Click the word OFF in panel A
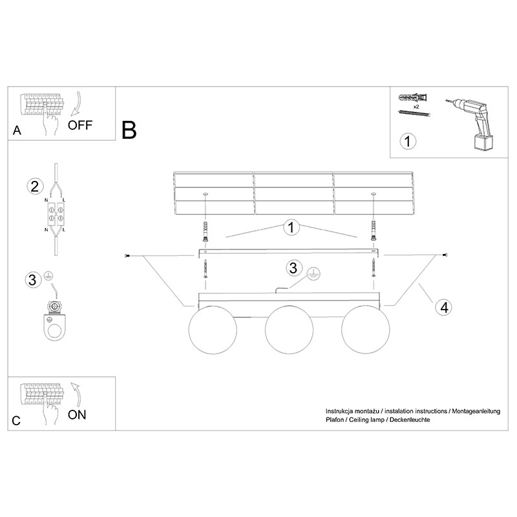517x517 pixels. click(x=79, y=125)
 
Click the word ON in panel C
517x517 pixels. click(x=77, y=415)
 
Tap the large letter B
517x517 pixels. click(x=129, y=130)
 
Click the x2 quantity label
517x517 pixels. click(x=416, y=107)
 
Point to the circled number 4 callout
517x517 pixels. click(x=444, y=308)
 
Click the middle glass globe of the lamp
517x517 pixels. click(x=289, y=330)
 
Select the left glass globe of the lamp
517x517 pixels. click(x=213, y=330)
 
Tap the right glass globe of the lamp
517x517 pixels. click(x=365, y=330)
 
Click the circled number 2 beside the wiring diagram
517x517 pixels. click(x=35, y=186)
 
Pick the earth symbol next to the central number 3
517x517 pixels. click(x=313, y=273)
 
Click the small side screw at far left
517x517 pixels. click(x=127, y=255)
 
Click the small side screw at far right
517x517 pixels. click(x=445, y=255)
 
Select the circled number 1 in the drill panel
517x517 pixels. click(x=408, y=141)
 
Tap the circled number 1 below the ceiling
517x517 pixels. click(x=291, y=227)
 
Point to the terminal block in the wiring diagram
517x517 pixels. click(x=56, y=214)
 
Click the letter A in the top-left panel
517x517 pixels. click(x=17, y=131)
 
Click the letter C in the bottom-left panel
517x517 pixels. click(x=16, y=421)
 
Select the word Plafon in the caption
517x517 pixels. click(x=334, y=419)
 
